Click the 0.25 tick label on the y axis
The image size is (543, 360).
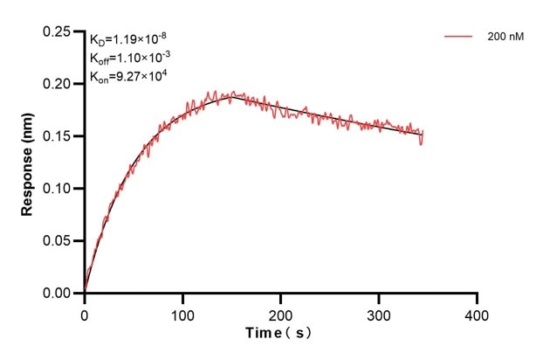point(58,31)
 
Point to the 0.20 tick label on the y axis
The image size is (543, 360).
point(58,84)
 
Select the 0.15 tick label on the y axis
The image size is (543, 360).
point(58,136)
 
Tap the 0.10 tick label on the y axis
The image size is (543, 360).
point(58,189)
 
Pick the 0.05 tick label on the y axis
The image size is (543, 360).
point(58,241)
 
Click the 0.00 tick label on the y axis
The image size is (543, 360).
point(58,294)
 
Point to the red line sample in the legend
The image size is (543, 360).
point(459,38)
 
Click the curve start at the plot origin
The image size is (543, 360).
point(85,292)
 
